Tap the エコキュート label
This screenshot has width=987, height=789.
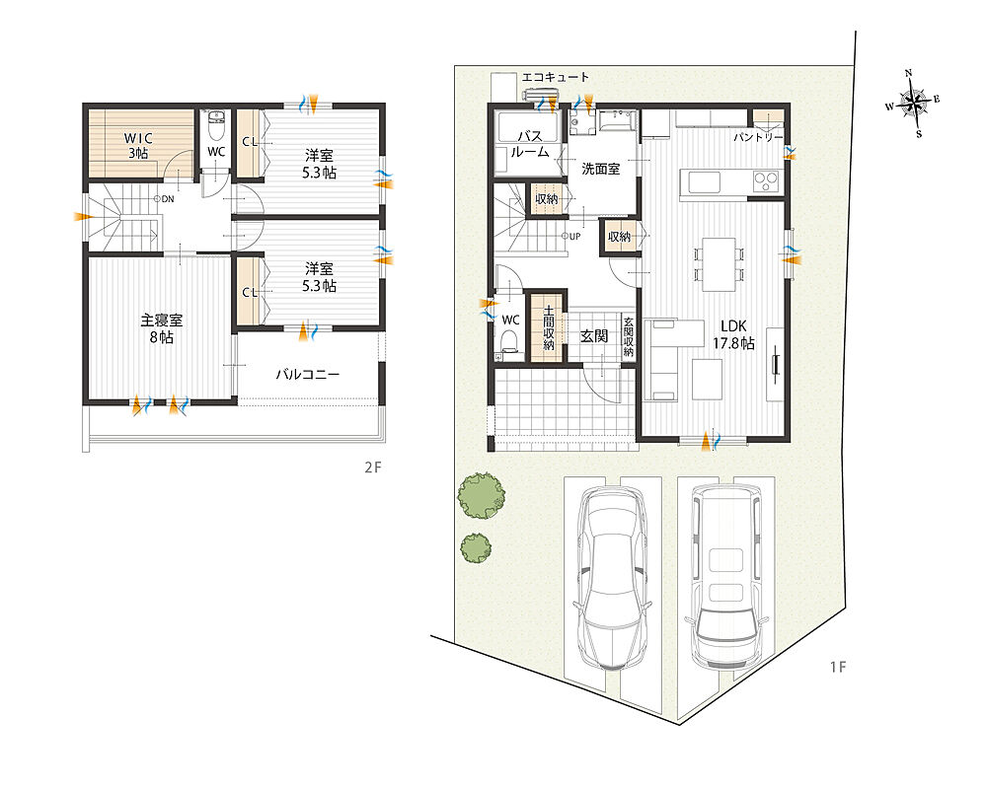(x=555, y=77)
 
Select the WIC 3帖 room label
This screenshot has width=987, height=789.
(x=138, y=145)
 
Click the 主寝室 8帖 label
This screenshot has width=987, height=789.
(x=161, y=328)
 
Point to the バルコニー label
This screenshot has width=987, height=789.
(x=308, y=375)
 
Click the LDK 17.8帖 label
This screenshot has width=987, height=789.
(x=733, y=334)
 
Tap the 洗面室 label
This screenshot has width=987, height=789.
(x=600, y=169)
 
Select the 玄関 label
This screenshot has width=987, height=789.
(x=593, y=336)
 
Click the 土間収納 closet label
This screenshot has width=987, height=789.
(x=548, y=327)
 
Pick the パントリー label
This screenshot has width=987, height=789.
(x=758, y=137)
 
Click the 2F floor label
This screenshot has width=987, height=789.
(x=373, y=467)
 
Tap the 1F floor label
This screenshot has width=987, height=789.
(x=837, y=667)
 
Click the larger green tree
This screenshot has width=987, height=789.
(x=481, y=496)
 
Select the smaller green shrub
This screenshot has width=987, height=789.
(x=476, y=548)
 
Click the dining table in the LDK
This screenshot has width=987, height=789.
(x=719, y=264)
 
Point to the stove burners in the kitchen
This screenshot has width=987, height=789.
(x=766, y=181)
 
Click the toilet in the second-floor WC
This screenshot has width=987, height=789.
(x=216, y=126)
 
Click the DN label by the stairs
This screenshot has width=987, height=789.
(x=164, y=199)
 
